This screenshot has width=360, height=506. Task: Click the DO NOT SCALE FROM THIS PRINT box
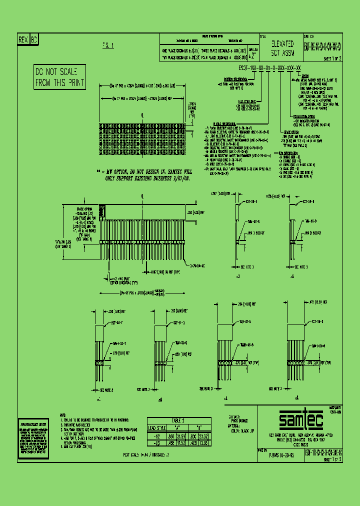coord(59,77)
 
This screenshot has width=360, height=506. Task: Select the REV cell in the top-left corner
coord(23,40)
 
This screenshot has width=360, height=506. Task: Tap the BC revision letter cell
coord(34,40)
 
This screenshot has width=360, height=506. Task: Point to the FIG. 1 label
coord(108,45)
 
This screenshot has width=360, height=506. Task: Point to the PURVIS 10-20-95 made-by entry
coord(280,455)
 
